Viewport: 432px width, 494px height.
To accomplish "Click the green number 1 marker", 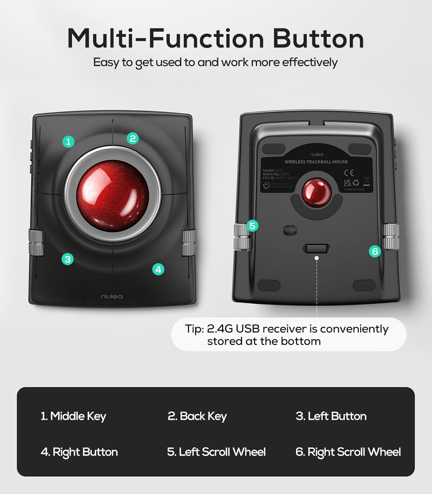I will [x=68, y=142].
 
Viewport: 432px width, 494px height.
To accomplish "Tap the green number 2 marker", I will [x=133, y=138].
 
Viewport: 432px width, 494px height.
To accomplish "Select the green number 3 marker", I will [x=67, y=259].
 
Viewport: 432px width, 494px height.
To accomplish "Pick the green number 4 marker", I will [x=158, y=269].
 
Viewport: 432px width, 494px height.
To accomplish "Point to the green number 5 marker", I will [x=252, y=226].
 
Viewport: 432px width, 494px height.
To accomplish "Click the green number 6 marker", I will [x=375, y=252].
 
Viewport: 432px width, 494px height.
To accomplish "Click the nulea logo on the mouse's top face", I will [x=112, y=296].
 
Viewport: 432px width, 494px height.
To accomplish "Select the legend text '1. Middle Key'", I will [x=73, y=416].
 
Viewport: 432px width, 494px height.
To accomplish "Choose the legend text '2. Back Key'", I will [x=197, y=416].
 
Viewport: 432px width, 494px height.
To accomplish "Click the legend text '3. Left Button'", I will [x=331, y=416].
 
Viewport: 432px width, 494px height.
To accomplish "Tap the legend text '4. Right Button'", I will [x=79, y=452].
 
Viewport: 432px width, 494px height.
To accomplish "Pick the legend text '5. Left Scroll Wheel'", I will [x=216, y=452].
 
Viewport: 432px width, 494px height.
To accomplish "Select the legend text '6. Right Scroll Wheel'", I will [x=348, y=452].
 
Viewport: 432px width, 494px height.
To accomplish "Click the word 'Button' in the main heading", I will [x=318, y=39].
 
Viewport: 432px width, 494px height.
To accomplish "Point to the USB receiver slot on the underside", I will [x=317, y=249].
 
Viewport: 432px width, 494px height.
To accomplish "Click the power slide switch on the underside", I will [x=290, y=230].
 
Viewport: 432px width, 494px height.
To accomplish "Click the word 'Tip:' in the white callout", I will [x=194, y=329].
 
